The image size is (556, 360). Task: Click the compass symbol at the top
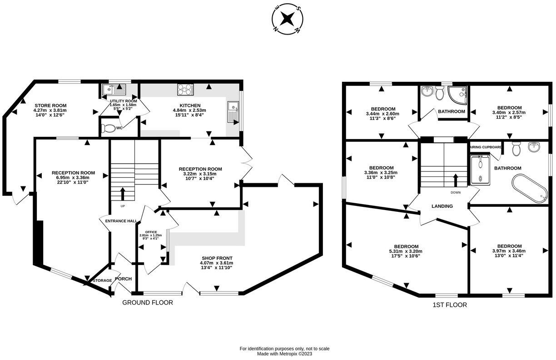(x=287, y=19)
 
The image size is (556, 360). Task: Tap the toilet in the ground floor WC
(x=108, y=129)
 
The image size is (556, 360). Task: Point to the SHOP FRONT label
(x=216, y=257)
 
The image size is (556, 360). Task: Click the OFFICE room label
(x=150, y=232)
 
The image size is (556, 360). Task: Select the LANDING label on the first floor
(x=442, y=206)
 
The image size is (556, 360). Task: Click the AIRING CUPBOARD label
(x=485, y=147)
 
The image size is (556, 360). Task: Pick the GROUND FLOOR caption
(x=148, y=302)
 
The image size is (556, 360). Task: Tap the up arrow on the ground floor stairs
(x=122, y=194)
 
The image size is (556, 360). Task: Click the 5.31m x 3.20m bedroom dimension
(x=406, y=251)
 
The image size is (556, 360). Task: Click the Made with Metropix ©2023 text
(x=284, y=354)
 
